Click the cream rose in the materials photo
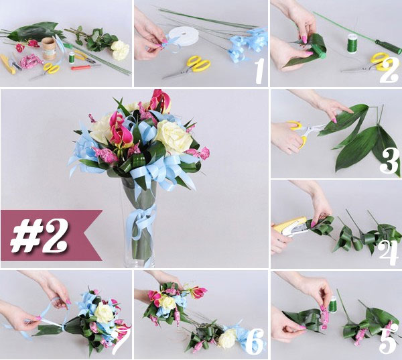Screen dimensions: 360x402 119,49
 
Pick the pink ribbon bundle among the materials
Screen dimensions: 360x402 30,62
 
